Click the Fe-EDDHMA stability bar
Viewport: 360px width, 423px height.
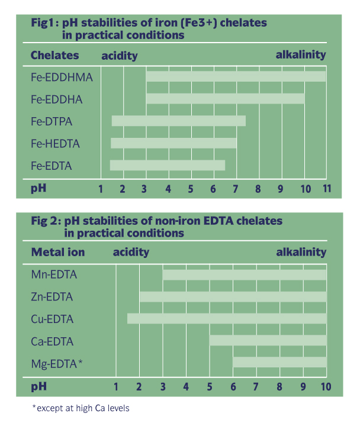236,76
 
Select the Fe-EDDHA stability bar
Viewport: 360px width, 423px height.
225,98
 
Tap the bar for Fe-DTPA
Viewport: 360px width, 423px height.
178,121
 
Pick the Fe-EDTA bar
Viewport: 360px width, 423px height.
168,165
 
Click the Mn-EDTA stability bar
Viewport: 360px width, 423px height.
245,275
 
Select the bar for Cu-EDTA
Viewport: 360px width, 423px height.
227,318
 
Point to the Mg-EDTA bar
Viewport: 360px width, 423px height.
279,362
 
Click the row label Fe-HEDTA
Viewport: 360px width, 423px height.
55,144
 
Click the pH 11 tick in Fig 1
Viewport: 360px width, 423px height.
326,189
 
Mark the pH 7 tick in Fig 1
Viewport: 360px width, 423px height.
236,189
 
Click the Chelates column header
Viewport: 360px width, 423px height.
54,56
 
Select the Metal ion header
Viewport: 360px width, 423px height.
57,253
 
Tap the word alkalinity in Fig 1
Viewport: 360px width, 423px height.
301,55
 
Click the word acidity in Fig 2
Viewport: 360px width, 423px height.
131,253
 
